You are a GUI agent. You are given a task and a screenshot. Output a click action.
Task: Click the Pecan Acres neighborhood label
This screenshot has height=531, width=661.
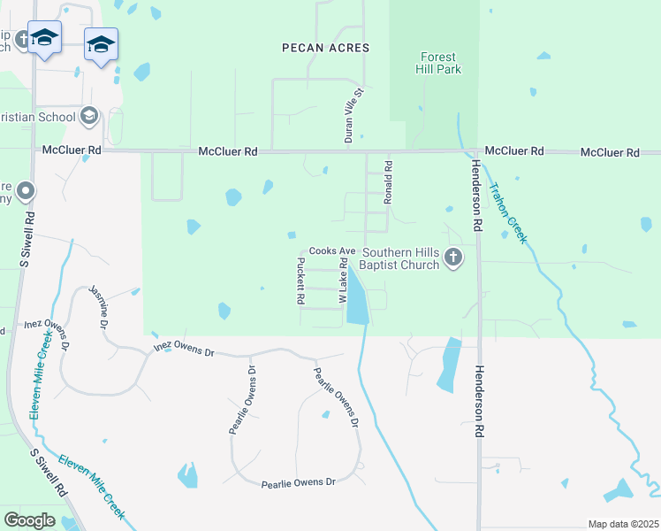click(324, 47)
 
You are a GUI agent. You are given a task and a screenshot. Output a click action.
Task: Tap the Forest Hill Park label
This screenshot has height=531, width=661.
click(439, 63)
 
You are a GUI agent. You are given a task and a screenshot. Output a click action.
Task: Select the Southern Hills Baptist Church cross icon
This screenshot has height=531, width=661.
click(453, 258)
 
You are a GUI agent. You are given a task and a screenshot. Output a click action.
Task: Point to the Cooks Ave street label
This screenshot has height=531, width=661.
click(330, 251)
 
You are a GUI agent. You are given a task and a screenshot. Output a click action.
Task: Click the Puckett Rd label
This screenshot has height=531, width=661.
click(300, 280)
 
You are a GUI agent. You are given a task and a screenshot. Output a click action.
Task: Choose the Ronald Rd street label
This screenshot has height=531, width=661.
click(387, 182)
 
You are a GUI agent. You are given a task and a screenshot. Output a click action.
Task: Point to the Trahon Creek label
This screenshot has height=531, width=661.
click(507, 212)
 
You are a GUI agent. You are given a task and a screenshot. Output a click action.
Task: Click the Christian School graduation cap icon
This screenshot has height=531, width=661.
click(88, 116)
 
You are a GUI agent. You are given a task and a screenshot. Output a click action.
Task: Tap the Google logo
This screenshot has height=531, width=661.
click(29, 520)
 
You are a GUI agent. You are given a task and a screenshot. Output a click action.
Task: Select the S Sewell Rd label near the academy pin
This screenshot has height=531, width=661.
click(27, 239)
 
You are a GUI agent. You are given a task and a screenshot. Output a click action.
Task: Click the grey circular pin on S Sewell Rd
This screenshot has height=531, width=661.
click(26, 190)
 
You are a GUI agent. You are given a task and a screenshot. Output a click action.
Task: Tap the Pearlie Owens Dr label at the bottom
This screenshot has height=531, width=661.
click(299, 482)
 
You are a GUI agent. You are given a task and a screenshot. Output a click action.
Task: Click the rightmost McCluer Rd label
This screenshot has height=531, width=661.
click(610, 152)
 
